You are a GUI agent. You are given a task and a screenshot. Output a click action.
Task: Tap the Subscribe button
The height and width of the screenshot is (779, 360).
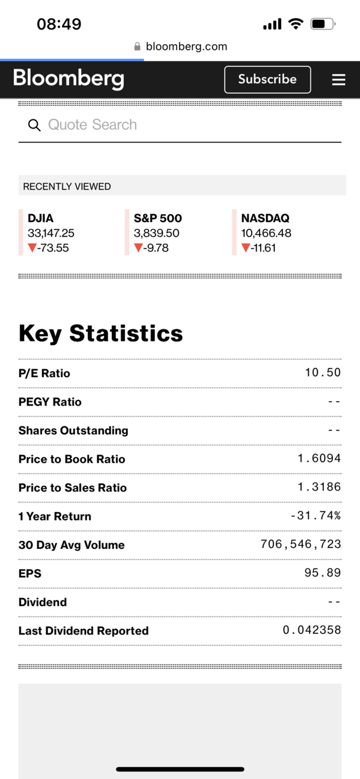[x=268, y=79]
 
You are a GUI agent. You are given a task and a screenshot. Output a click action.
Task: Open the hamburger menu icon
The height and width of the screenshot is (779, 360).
[x=338, y=79]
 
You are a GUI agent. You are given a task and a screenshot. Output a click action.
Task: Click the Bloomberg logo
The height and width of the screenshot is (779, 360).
[x=68, y=79]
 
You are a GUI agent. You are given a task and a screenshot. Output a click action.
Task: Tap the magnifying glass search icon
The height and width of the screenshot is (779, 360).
[x=34, y=125]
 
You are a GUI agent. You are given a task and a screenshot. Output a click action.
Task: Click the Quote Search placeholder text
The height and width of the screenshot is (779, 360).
[x=92, y=124]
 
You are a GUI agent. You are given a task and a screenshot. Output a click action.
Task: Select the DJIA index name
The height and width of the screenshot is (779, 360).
[x=41, y=218]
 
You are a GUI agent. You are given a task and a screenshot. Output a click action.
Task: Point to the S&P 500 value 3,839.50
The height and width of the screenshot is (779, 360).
[x=156, y=233]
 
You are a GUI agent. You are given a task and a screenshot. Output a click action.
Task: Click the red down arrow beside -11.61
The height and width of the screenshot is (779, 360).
[x=246, y=247]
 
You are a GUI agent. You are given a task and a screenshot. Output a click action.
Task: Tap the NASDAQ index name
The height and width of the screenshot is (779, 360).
[x=265, y=218]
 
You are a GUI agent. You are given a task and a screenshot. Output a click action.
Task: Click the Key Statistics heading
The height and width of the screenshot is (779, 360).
[x=101, y=333]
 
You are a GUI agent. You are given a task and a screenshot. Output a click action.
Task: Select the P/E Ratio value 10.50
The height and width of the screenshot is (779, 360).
[x=323, y=372]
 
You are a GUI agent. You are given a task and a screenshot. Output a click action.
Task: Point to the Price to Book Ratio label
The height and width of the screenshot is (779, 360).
[x=71, y=459]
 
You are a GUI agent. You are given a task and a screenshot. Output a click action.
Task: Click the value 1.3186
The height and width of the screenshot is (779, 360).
[x=319, y=487]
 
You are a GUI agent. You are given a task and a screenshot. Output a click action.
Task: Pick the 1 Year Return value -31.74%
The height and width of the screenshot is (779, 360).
[x=316, y=516]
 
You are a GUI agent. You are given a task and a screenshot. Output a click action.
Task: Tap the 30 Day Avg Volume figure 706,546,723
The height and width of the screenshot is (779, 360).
[x=301, y=544]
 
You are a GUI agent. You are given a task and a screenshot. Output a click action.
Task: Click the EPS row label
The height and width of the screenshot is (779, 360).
[x=30, y=573]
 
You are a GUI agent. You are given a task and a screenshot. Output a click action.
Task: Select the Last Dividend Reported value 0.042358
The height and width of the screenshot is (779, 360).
[x=312, y=630]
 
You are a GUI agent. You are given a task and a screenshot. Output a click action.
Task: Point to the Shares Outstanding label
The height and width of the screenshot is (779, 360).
[x=73, y=431]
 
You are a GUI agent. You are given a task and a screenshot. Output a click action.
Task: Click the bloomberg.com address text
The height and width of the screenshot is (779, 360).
[x=186, y=46]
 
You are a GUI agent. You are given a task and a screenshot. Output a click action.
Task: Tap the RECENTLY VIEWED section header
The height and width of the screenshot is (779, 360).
[x=67, y=186]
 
